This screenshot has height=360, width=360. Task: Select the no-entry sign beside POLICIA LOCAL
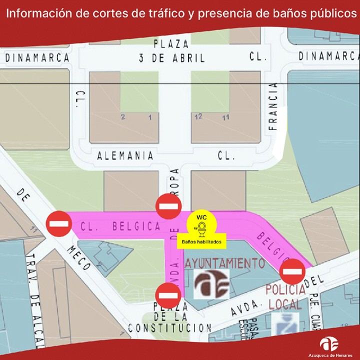coord(292,272)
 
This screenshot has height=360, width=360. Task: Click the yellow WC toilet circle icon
coord(201,225)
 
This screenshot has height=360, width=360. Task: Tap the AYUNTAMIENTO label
coord(224,262)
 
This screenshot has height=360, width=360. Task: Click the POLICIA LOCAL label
coord(285,297)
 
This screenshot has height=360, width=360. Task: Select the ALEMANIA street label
coord(125,155)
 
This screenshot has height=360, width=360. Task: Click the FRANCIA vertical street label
coord(272,105)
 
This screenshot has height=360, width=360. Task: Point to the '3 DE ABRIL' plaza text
coord(172,58)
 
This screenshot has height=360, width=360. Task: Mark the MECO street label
coord(79,256)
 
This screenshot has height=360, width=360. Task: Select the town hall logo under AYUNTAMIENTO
coord(211,283)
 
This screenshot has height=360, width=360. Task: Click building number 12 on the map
coord(198,116)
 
